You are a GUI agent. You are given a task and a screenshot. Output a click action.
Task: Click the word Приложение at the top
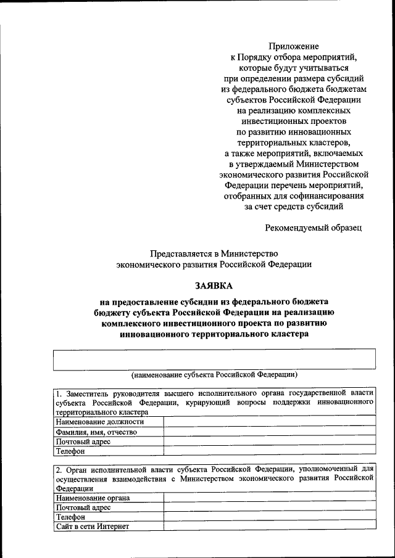coord(294,46)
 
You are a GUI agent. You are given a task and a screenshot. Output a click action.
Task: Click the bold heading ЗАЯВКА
coord(214,286)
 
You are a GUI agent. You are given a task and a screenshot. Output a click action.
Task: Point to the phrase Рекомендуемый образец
coord(313,228)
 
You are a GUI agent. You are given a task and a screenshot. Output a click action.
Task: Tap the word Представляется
coord(181,253)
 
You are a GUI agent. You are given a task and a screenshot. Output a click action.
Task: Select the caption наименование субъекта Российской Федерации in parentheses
coord(214,374)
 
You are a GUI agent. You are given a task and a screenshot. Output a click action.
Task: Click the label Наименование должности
coord(99,422)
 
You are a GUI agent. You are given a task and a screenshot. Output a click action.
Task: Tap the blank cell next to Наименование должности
coord(269,422)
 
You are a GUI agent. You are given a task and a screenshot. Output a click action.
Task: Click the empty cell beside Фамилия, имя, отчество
coord(269,432)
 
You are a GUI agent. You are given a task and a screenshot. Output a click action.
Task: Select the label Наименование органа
coord(93,497)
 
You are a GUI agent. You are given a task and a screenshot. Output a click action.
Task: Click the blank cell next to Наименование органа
coord(269,497)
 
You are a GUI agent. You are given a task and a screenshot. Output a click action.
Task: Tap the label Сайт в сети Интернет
coord(93,527)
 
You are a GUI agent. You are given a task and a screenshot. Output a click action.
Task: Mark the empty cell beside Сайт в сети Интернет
coord(269,527)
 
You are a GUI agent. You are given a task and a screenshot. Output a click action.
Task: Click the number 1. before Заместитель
coord(59,393)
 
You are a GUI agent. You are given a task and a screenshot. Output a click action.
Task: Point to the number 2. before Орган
coord(59,468)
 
